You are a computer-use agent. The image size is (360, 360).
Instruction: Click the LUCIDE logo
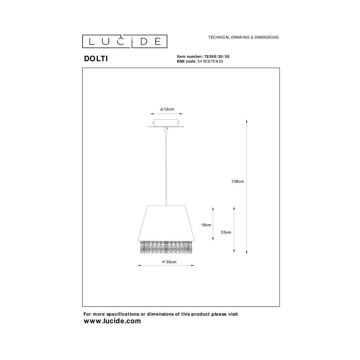pyautogui.click(x=125, y=41)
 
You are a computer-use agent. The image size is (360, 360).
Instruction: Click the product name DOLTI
pyautogui.click(x=96, y=59)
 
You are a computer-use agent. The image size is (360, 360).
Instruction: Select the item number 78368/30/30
pyautogui.click(x=217, y=57)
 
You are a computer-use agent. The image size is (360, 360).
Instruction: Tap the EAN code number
pyautogui.click(x=210, y=61)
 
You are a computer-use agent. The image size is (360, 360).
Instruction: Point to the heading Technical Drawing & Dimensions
pyautogui.click(x=243, y=37)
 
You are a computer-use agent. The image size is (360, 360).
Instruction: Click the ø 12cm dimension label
pyautogui.click(x=167, y=109)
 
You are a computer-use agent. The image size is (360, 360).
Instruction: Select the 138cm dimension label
pyautogui.click(x=237, y=181)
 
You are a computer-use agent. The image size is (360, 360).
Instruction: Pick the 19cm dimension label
pyautogui.click(x=206, y=225)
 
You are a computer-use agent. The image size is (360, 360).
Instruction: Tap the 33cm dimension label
pyautogui.click(x=226, y=232)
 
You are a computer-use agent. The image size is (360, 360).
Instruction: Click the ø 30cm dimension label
pyautogui.click(x=169, y=262)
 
